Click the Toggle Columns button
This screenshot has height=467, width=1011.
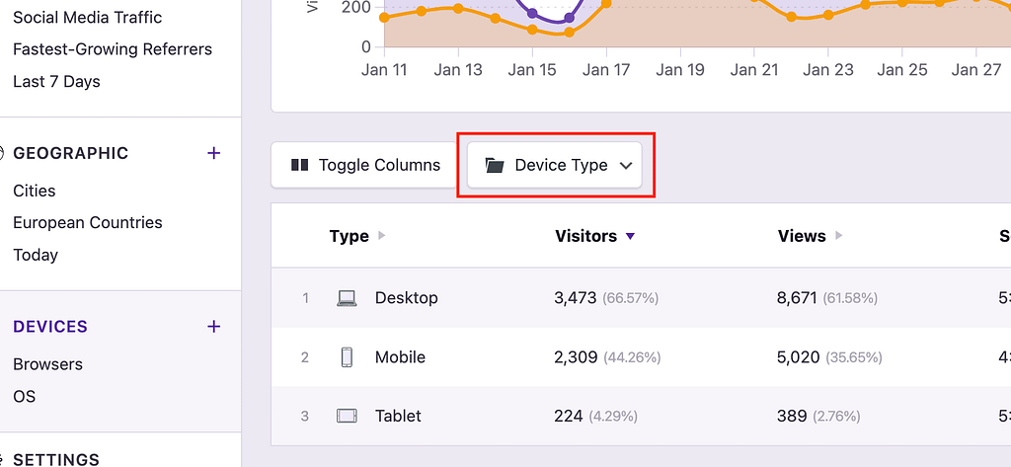[x=364, y=165]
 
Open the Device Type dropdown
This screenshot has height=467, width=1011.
[x=559, y=165]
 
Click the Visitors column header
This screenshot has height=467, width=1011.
[x=585, y=236]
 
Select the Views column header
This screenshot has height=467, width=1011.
[x=801, y=236]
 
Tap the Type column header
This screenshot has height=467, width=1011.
[x=349, y=236]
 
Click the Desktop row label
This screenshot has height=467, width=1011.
[x=406, y=297]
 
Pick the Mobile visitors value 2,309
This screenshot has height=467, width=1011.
[x=576, y=356]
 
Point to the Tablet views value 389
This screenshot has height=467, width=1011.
[x=792, y=416]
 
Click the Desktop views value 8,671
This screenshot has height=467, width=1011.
[x=796, y=297]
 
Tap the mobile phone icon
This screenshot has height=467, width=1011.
[x=347, y=356]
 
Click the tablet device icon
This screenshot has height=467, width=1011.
[x=347, y=416]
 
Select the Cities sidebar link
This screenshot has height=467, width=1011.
[x=35, y=191]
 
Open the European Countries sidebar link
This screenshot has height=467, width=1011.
[x=88, y=222]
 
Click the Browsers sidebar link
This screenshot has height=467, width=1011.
[x=47, y=364]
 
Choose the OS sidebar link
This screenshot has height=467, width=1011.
[x=25, y=396]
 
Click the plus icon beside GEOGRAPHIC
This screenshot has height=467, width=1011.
[x=213, y=153]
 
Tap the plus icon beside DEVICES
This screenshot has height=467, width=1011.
[x=213, y=326]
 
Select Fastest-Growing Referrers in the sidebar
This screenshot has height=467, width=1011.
[x=113, y=49]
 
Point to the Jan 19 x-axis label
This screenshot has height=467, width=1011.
[x=680, y=69]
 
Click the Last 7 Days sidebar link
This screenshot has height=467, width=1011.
[x=56, y=81]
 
